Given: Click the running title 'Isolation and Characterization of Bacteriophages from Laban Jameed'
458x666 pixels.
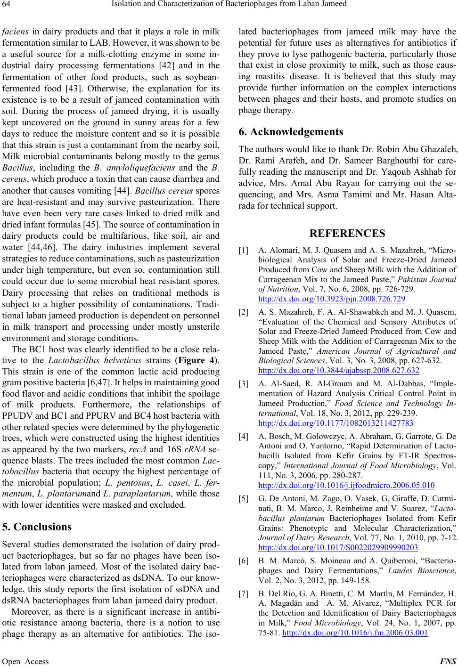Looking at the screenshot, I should pos(229,6).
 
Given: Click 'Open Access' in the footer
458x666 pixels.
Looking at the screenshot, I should pos(25,661).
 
